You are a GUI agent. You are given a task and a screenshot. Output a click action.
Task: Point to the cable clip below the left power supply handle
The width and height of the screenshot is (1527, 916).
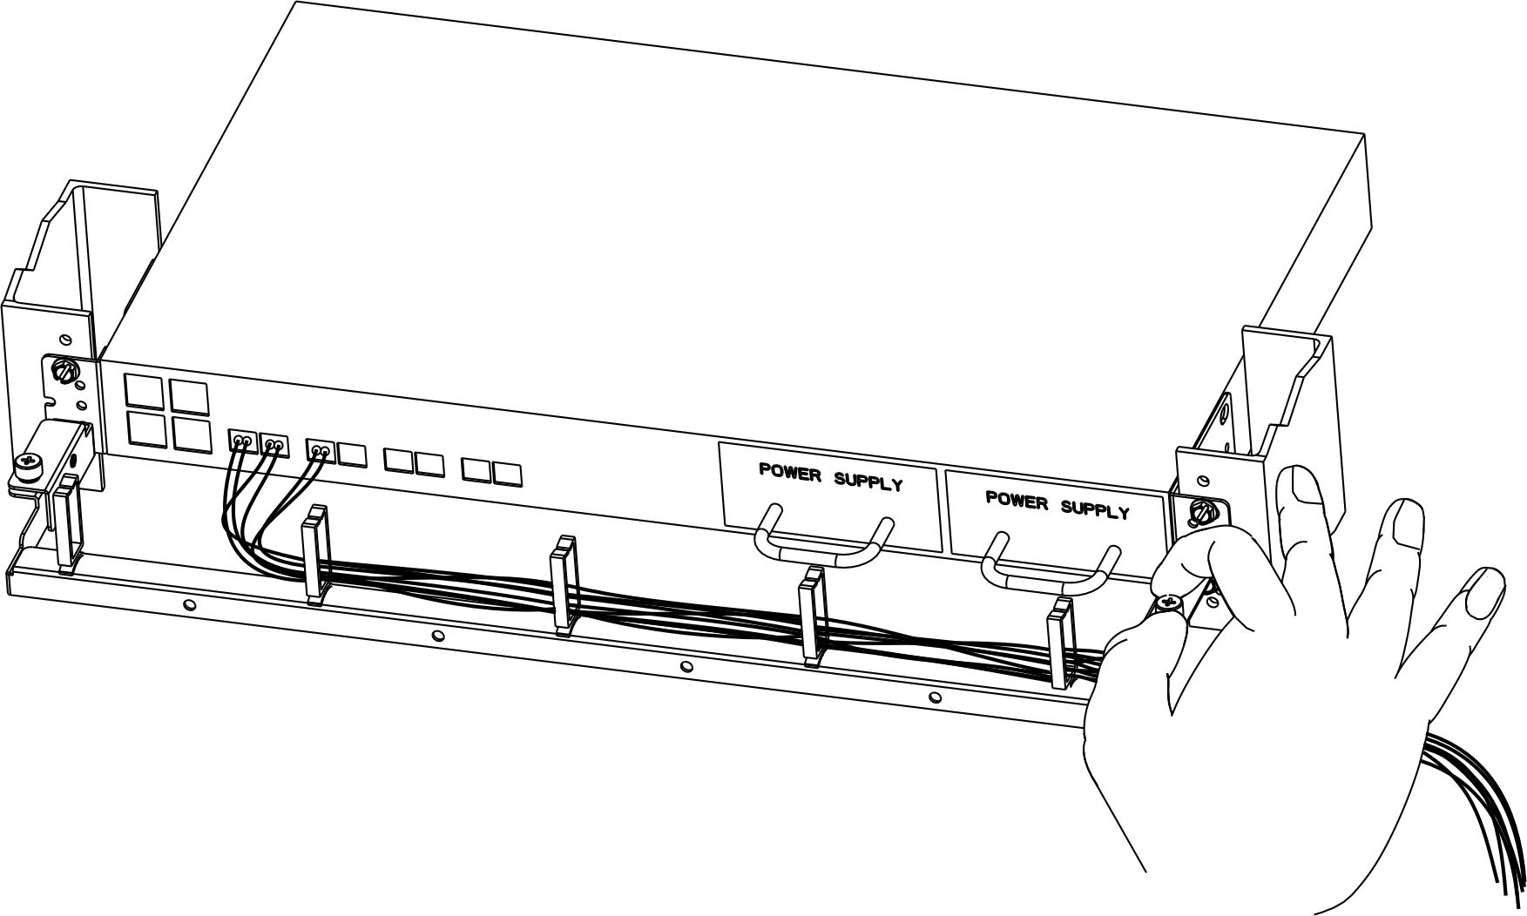pyautogui.click(x=812, y=615)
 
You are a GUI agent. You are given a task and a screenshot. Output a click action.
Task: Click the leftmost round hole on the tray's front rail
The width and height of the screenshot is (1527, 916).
pyautogui.click(x=191, y=604)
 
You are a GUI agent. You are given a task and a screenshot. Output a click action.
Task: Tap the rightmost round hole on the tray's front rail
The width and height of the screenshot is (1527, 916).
pyautogui.click(x=935, y=697)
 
